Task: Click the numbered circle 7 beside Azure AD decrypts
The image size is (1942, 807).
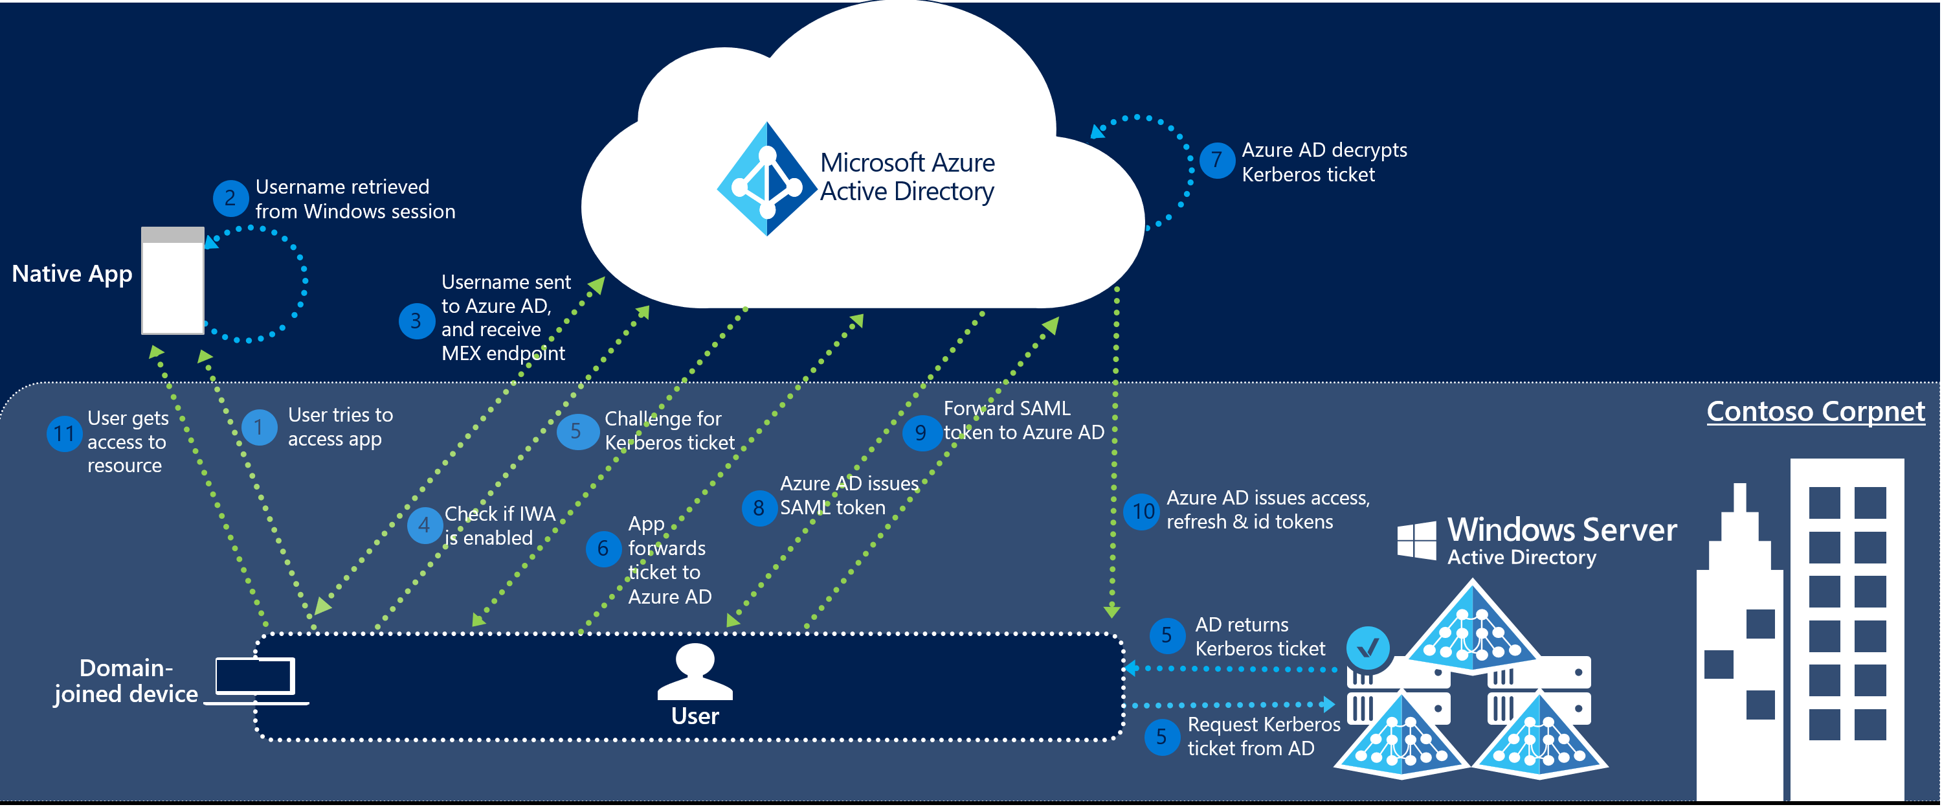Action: (1216, 161)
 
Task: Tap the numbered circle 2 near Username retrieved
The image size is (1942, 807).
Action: (230, 198)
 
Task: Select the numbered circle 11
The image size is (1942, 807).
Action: (64, 434)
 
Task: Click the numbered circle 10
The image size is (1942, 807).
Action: (1142, 512)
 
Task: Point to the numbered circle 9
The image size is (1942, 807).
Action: (921, 433)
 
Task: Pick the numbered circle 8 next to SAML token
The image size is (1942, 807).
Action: (759, 508)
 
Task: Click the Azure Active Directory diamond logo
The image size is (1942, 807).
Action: (766, 179)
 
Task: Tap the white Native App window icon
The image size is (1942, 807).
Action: (173, 280)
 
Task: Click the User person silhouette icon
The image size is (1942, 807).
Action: (695, 671)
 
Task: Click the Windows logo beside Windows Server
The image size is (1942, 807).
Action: (1416, 540)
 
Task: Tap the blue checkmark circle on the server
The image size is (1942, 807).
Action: (1368, 647)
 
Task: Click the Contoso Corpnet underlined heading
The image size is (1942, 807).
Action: (1814, 412)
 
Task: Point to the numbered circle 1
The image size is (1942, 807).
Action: (258, 427)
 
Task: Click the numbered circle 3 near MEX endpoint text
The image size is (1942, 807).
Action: (416, 321)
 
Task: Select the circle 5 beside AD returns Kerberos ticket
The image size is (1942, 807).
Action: (1166, 635)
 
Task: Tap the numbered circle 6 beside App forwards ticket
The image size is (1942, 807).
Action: (603, 549)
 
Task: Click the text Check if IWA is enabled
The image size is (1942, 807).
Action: (498, 526)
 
